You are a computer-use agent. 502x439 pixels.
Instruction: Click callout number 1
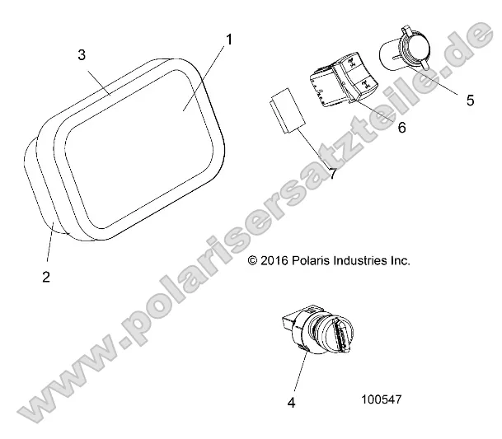228,39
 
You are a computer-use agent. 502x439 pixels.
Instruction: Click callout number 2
46,277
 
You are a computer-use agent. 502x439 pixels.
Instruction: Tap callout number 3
82,54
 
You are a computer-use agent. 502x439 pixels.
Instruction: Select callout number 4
290,403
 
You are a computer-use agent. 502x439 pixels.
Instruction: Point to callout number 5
470,100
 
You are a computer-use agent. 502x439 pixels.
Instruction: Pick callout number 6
401,128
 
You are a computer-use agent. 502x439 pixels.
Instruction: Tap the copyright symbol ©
253,261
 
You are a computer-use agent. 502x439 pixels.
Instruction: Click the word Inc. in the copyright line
400,261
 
